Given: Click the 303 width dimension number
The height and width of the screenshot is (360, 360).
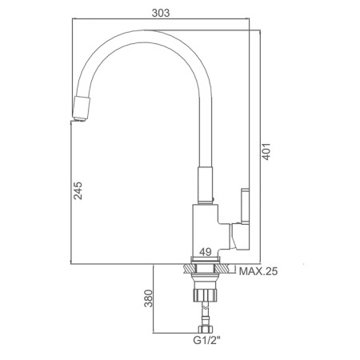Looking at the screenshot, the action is coord(161,13).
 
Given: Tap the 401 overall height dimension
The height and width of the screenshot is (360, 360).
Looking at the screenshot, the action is coord(266,151).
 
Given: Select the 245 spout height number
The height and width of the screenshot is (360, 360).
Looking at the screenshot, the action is coord(78,190).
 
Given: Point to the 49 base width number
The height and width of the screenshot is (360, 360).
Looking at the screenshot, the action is coord(206,251).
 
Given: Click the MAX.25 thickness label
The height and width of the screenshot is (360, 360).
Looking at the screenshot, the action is coord(258,271).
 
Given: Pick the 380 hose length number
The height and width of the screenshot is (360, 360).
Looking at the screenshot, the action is coord(149,298).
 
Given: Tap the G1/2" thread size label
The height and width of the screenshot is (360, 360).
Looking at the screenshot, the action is coord(207,341).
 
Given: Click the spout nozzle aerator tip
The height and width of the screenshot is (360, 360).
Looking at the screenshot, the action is coord(81,109).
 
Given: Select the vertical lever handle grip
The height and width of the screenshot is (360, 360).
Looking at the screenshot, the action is coord(245,206).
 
